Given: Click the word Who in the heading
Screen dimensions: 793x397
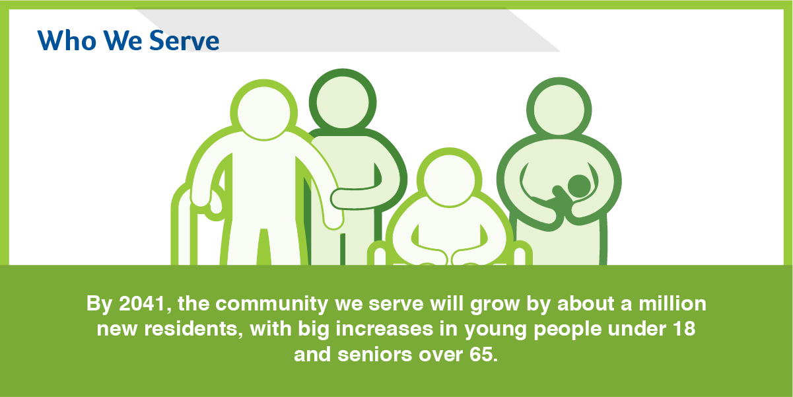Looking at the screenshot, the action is (67, 40).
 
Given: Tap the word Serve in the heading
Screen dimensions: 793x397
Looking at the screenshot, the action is (184, 40).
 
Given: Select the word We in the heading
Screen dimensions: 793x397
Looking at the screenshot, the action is (123, 40).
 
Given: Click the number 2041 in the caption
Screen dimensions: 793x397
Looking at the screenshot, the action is (143, 304).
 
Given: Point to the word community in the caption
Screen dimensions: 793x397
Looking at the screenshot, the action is (271, 305).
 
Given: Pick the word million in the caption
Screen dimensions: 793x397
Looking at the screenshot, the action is (672, 303).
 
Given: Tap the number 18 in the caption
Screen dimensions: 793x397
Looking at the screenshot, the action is (684, 329).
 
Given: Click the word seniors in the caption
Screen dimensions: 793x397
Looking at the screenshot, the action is (375, 354).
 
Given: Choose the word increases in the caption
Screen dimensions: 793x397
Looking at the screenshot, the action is (384, 329).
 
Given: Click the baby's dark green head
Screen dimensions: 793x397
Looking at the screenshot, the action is (579, 186).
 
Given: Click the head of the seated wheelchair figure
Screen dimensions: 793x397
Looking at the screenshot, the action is (449, 180).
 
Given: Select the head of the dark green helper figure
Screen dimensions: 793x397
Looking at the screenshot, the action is (343, 102).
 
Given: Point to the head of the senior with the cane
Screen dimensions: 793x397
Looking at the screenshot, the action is (263, 112).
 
